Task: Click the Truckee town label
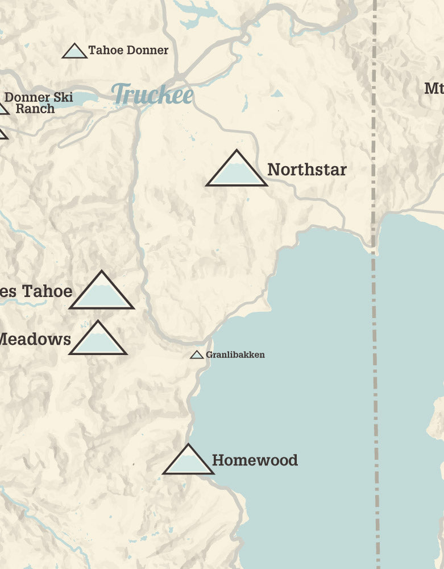pyautogui.click(x=152, y=94)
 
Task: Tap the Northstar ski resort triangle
pyautogui.click(x=236, y=171)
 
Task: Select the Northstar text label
pyautogui.click(x=306, y=170)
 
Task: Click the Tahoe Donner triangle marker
pyautogui.click(x=74, y=52)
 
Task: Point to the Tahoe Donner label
pyautogui.click(x=128, y=50)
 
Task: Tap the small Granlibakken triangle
pyautogui.click(x=197, y=355)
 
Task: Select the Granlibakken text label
pyautogui.click(x=235, y=354)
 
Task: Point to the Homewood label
pyautogui.click(x=255, y=460)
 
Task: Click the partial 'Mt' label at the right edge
pyautogui.click(x=434, y=88)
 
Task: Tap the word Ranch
pyautogui.click(x=35, y=108)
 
